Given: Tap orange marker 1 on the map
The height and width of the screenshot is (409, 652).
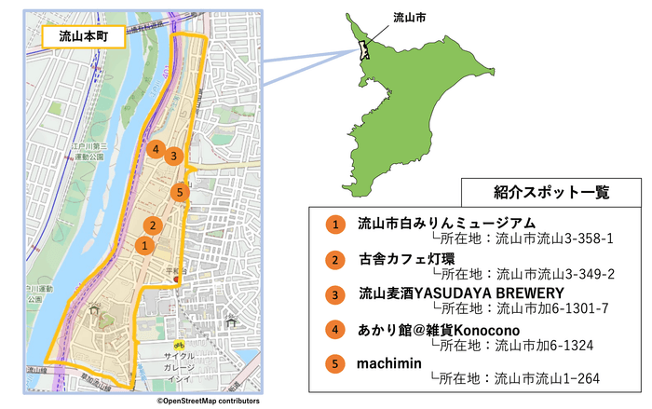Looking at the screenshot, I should point(143,245).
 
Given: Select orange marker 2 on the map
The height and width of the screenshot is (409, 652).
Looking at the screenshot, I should point(152,225).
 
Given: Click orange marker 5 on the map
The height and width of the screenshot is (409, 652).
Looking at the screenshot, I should point(181,193).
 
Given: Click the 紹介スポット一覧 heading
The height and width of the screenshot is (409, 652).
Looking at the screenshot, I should point(550,193).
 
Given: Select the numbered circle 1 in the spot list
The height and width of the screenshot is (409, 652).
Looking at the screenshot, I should point(333,225).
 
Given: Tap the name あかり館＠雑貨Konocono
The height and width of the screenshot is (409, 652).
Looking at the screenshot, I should point(439,328).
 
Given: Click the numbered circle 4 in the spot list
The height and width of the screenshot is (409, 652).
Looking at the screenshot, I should point(333,328).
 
